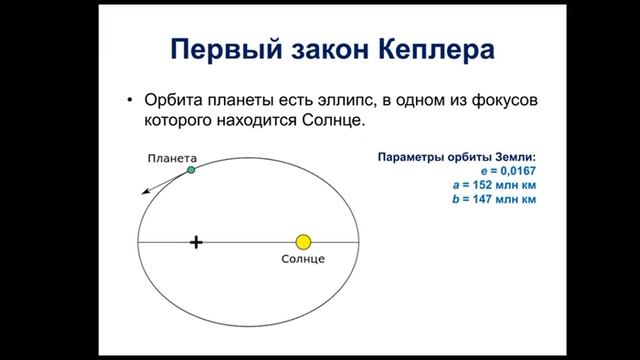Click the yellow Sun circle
point(304,242)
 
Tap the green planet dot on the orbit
point(191,171)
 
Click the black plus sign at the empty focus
point(196,242)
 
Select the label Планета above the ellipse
point(170,157)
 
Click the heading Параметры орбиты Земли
point(456,157)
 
